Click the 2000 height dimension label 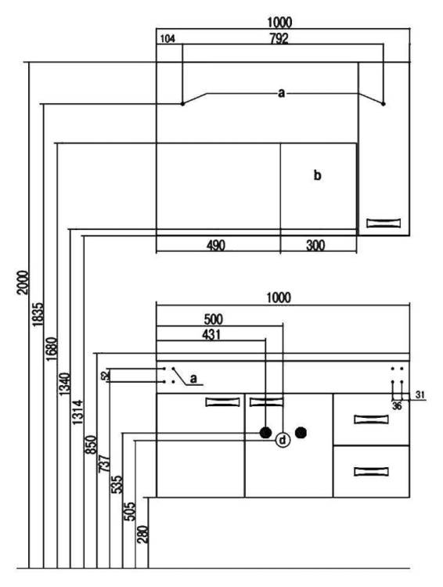pos(23,283)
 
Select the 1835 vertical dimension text pos(38,315)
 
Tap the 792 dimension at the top pos(279,38)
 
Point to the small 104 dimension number pos(167,38)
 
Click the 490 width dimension pos(216,246)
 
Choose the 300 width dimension pos(315,246)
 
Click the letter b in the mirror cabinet pos(317,175)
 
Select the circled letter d pos(283,440)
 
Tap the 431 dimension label pos(211,335)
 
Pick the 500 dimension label pos(213,319)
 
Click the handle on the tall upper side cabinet pos(384,223)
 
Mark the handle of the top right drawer pos(371,420)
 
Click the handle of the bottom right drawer pos(371,471)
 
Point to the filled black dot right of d pos(301,433)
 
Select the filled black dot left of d pos(265,433)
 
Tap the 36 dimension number pos(397,405)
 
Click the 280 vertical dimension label pos(142,535)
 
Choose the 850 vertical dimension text pos(91,445)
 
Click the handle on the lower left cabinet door pos(222,402)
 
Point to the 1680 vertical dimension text pos(52,349)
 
